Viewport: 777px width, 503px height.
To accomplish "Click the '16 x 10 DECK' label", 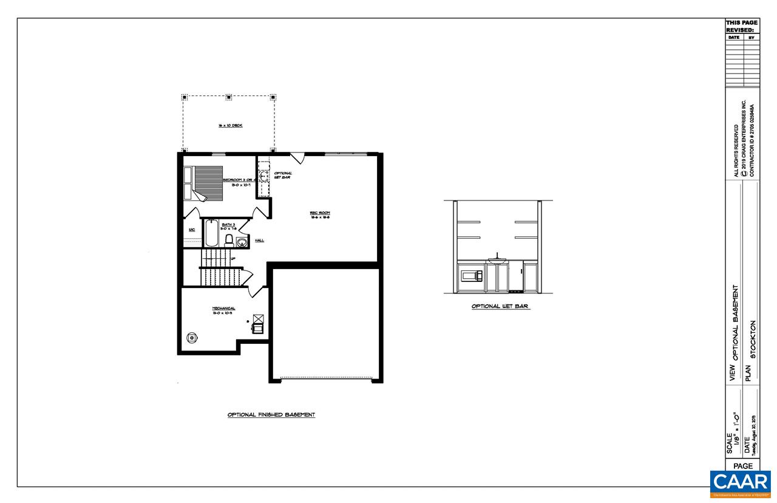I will coord(230,125).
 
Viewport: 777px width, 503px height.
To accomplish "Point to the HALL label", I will coord(259,241).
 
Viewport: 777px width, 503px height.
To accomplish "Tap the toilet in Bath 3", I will coord(229,239).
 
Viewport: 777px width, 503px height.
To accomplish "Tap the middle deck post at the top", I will coord(229,97).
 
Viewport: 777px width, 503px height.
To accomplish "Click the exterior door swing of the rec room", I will coord(297,157).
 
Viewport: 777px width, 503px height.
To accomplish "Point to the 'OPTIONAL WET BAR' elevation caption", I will coord(501,307).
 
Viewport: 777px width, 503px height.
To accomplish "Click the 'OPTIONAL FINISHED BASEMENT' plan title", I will coord(271,415).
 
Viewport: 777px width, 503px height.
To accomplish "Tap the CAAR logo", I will coord(740,484).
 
